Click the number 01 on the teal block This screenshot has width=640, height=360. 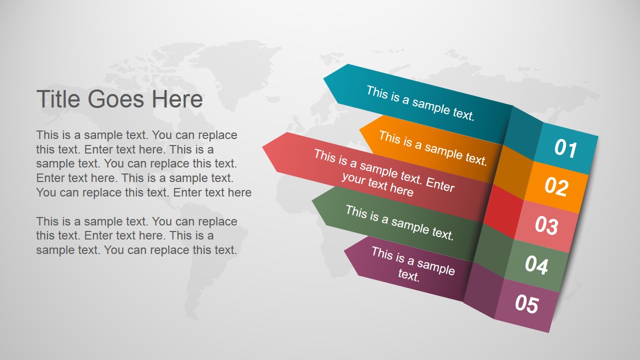click(565, 149)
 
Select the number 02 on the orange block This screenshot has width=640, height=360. click(556, 187)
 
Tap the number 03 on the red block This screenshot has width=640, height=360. click(546, 225)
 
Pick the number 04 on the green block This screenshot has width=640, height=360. click(536, 264)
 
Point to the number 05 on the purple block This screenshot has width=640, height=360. click(526, 303)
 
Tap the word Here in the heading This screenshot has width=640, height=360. click(177, 99)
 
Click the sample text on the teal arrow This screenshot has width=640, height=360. click(420, 103)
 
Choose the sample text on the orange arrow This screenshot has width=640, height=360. click(432, 147)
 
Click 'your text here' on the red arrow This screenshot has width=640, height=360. click(377, 184)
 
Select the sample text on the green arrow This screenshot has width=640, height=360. click(399, 222)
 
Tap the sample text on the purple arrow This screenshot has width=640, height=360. click(412, 263)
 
